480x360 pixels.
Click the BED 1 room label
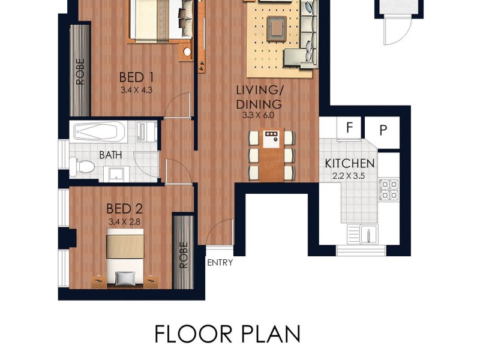click(132, 77)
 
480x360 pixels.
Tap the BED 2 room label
click(124, 209)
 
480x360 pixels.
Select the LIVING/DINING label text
click(259, 97)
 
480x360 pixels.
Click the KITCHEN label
click(350, 163)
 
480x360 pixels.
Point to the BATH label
click(110, 155)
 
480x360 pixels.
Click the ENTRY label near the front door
click(220, 262)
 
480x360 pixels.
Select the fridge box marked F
click(349, 128)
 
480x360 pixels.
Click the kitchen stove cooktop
click(388, 188)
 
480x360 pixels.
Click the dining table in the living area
click(272, 155)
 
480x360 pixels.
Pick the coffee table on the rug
click(277, 27)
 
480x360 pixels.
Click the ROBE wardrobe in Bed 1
click(80, 71)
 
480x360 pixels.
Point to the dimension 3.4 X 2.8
click(124, 221)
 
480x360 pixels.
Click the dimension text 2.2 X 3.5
click(350, 176)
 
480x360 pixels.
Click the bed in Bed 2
click(124, 258)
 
